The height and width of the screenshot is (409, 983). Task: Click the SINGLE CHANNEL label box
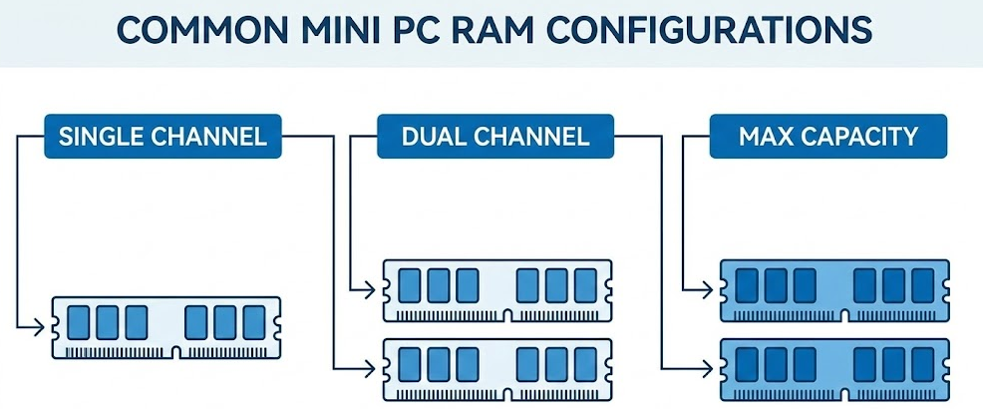pyautogui.click(x=163, y=137)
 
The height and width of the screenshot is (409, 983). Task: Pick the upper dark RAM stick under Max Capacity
pyautogui.click(x=833, y=290)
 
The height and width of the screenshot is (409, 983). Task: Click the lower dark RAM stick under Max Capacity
pyautogui.click(x=833, y=368)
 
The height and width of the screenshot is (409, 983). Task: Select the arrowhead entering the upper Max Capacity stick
pyautogui.click(x=711, y=289)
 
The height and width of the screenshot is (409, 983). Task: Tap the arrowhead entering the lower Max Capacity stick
pyautogui.click(x=711, y=368)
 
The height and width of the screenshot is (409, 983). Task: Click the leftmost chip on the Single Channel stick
pyautogui.click(x=76, y=321)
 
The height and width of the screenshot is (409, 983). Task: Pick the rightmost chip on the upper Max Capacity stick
pyautogui.click(x=923, y=285)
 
